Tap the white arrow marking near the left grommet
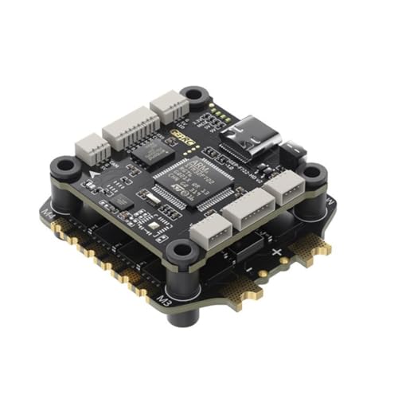point(95,170)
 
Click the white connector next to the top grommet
point(169,106)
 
